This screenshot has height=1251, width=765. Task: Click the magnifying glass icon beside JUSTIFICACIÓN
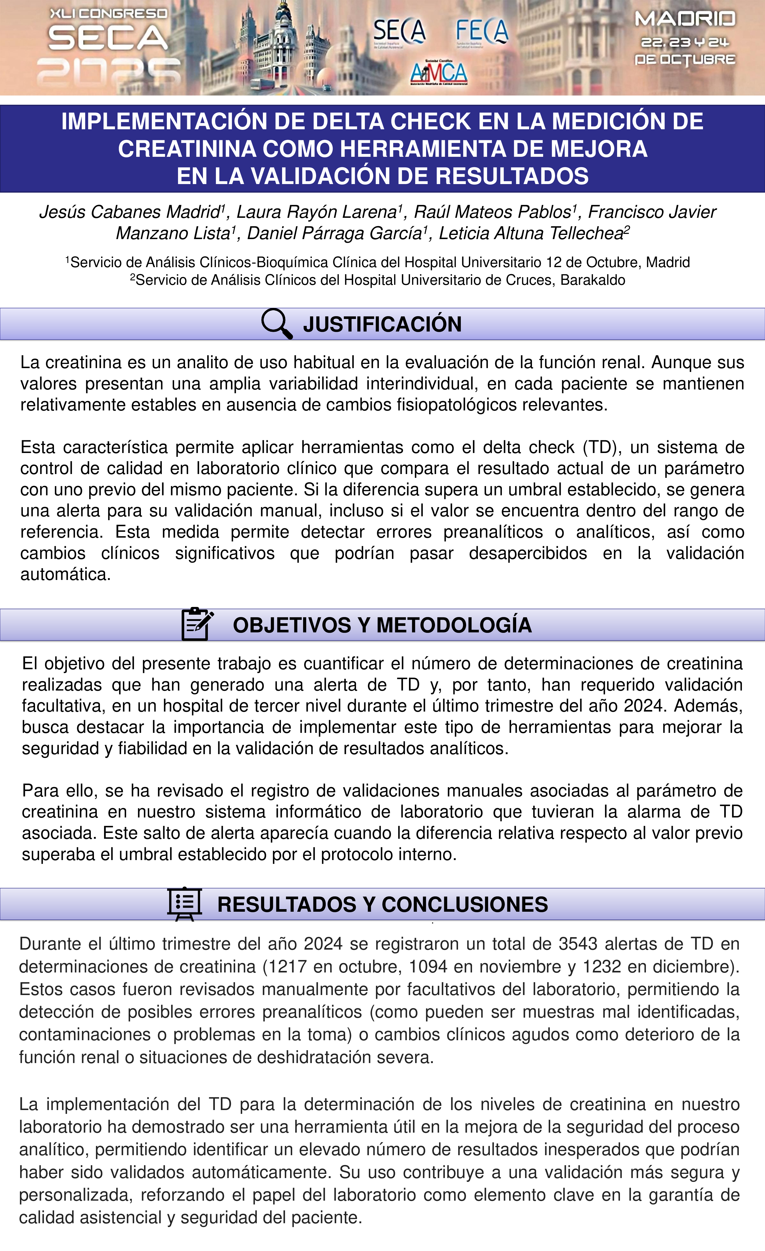277,323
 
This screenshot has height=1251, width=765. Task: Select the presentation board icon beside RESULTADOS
185,904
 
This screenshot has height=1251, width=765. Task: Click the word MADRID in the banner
685,19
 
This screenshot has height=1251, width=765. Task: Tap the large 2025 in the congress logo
109,71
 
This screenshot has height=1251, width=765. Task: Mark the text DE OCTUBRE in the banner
685,59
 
